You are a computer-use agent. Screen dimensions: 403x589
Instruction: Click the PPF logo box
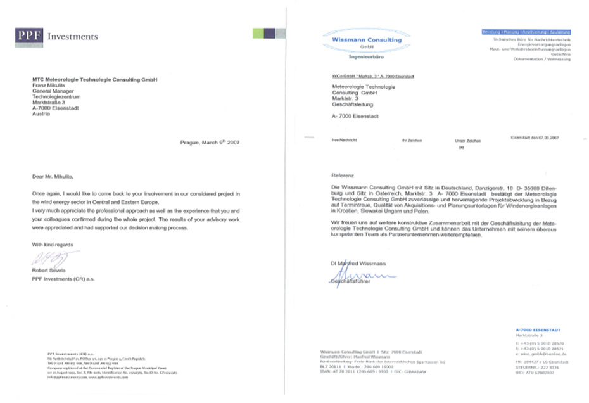[x=29, y=37]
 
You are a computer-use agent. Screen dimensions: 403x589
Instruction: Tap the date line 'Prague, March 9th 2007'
[x=210, y=143]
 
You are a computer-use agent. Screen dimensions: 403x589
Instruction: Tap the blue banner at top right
[x=526, y=32]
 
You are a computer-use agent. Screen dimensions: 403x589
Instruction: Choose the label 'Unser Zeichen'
[x=467, y=140]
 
